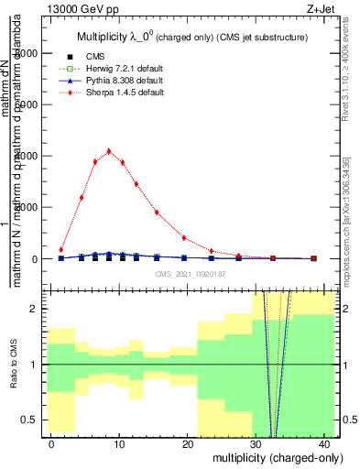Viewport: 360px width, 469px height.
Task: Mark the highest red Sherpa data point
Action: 109,151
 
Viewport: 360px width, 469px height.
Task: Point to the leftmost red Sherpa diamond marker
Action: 61,249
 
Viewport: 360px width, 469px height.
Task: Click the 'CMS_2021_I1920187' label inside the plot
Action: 190,274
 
